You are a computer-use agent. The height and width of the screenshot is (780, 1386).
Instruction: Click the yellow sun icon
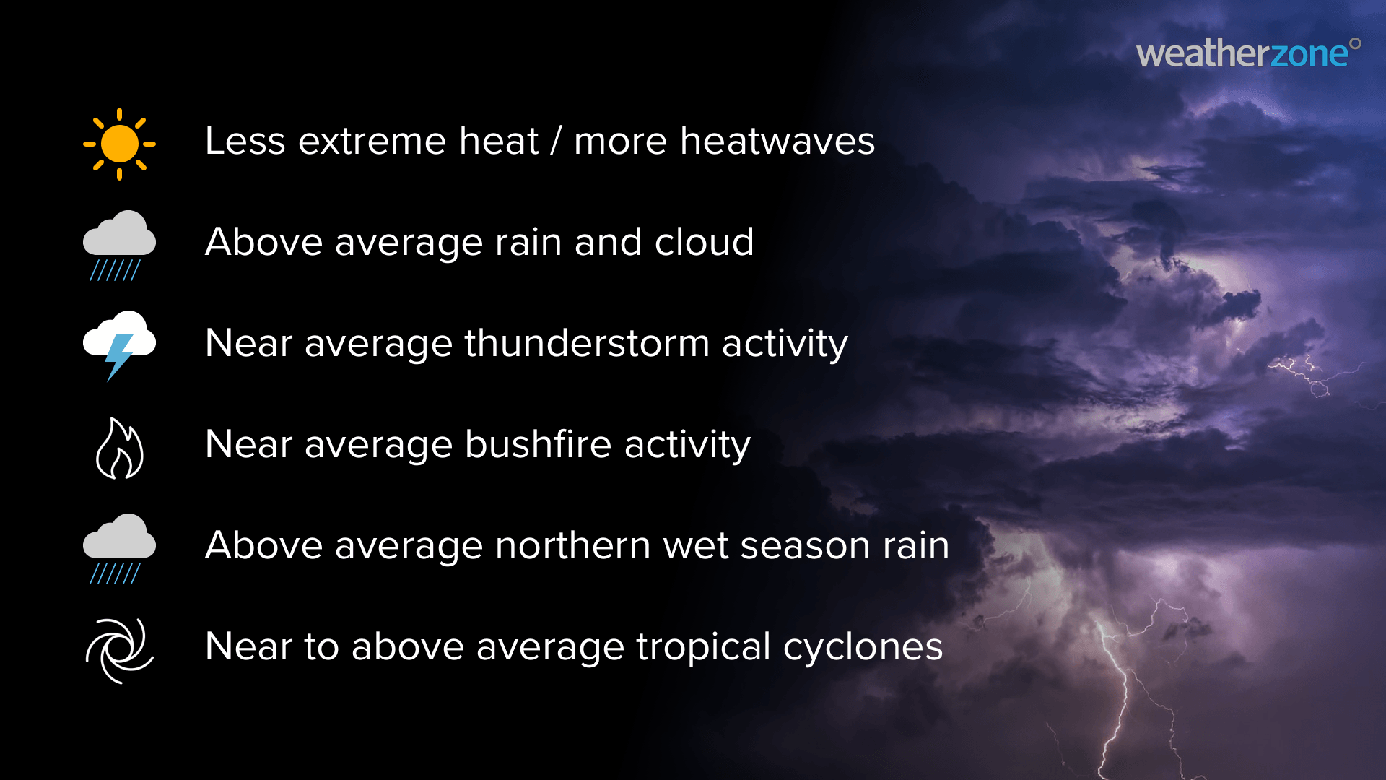[x=119, y=144]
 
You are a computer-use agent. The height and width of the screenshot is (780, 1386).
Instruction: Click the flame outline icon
[x=120, y=448]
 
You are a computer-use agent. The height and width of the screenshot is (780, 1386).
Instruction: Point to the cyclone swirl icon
[x=120, y=650]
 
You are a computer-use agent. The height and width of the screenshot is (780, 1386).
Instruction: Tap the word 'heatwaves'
[x=777, y=140]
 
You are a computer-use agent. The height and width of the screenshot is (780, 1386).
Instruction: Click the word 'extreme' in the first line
[x=419, y=141]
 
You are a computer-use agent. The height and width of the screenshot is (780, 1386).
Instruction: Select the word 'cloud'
[x=704, y=241]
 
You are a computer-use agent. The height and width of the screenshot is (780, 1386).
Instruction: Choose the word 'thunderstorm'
[x=587, y=342]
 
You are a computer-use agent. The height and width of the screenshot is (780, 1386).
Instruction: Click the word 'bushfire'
[x=539, y=443]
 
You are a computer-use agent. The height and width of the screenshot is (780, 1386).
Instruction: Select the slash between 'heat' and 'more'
[x=556, y=141]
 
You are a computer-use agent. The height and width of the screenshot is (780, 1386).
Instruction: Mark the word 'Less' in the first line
[x=245, y=141]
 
